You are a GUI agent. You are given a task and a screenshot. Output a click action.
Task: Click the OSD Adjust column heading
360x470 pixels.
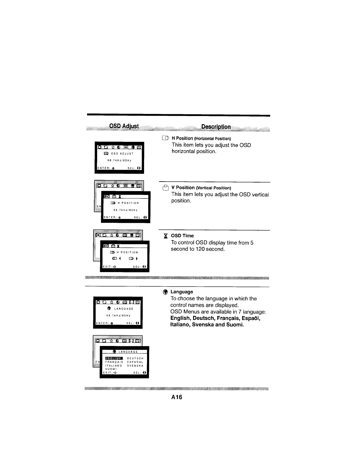tap(124, 126)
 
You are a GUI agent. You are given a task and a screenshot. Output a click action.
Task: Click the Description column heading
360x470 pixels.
tap(216, 127)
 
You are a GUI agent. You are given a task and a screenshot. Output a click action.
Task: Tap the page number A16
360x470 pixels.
tap(176, 397)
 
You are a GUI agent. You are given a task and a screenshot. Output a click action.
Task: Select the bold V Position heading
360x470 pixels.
tap(183, 188)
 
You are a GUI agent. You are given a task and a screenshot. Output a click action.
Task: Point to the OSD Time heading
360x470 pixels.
tap(182, 236)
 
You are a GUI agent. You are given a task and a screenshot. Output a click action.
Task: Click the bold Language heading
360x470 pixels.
tap(181, 292)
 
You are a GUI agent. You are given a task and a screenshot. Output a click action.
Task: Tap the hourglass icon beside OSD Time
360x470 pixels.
tap(165, 236)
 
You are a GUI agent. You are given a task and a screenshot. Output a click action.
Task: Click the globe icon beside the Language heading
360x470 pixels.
tap(165, 292)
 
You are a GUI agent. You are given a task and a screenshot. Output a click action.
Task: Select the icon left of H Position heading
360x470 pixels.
tap(165, 138)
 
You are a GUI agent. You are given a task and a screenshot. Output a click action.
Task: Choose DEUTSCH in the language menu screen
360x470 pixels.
tap(135, 358)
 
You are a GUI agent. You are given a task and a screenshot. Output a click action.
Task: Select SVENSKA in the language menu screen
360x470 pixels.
tap(135, 366)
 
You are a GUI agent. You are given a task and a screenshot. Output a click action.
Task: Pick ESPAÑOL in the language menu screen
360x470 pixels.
tap(135, 362)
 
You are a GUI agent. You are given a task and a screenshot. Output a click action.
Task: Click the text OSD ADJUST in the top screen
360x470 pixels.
tap(122, 154)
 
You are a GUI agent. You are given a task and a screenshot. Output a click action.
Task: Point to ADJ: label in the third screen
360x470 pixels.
tap(137, 267)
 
